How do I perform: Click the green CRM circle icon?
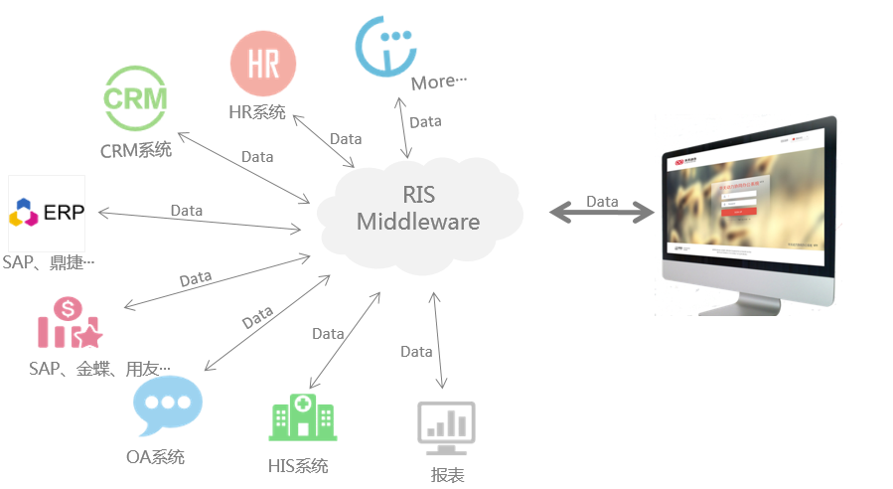[x=136, y=98]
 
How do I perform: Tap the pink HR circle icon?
[x=262, y=63]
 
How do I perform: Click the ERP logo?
[x=47, y=212]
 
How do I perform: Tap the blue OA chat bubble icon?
[x=168, y=405]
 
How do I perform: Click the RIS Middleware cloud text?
[x=417, y=207]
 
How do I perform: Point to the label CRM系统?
[x=135, y=151]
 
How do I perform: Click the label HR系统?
[x=257, y=112]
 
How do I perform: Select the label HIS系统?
[x=297, y=466]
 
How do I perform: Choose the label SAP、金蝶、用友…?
[x=99, y=369]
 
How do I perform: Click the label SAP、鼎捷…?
[x=49, y=262]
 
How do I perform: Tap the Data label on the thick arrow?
[x=602, y=202]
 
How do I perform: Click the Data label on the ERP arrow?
[x=187, y=211]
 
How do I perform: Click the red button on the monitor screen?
[x=737, y=211]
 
